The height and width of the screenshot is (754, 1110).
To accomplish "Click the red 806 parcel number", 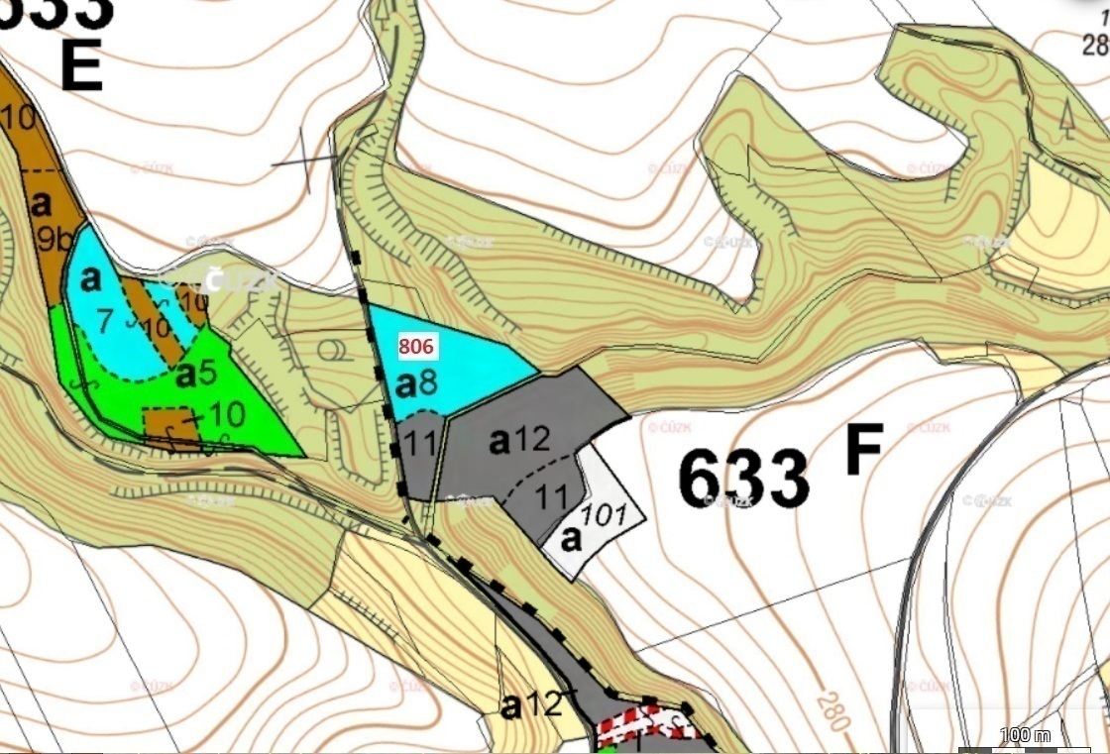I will (416, 348).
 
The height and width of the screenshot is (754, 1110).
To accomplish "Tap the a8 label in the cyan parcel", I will (416, 382).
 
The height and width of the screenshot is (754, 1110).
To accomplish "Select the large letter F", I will (864, 452).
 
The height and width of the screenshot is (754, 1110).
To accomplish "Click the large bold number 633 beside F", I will (743, 479).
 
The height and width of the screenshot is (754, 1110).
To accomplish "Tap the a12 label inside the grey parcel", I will (519, 440).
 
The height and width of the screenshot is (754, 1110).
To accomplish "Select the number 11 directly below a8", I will (421, 443).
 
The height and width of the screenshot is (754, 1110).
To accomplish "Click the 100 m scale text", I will (1025, 735).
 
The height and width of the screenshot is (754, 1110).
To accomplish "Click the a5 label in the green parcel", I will (195, 375).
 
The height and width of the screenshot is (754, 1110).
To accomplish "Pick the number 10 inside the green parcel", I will (227, 411).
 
